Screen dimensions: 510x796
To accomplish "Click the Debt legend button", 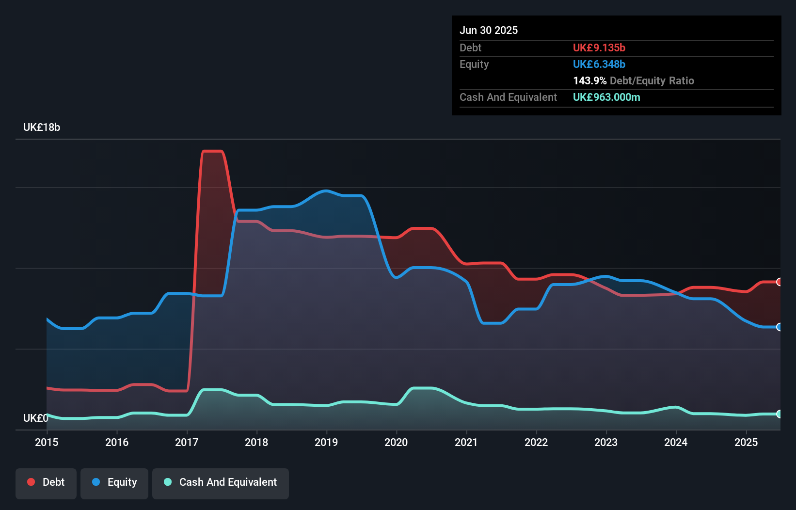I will click(46, 483).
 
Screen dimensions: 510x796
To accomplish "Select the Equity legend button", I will click(114, 483).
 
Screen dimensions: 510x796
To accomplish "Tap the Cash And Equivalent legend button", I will click(221, 483).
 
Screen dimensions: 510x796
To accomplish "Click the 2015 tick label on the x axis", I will click(47, 442).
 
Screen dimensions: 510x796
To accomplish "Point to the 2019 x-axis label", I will click(326, 442).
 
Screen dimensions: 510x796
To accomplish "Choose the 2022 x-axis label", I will click(536, 442).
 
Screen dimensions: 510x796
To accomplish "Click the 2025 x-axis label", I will click(746, 442).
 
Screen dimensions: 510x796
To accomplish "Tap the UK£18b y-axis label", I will click(42, 127).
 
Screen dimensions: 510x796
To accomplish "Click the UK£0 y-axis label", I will click(35, 418).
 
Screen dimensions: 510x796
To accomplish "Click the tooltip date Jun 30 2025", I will click(489, 31).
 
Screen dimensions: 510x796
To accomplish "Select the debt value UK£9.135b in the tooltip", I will click(599, 48).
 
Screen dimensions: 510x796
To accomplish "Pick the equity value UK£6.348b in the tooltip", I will click(599, 64).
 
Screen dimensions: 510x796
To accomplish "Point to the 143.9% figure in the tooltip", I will click(589, 81).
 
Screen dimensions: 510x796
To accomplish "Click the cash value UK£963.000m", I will click(606, 97).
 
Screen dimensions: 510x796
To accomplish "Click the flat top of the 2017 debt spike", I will click(212, 151).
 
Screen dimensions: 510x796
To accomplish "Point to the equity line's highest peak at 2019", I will click(326, 191).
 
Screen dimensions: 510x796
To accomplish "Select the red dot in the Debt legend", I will click(31, 482).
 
